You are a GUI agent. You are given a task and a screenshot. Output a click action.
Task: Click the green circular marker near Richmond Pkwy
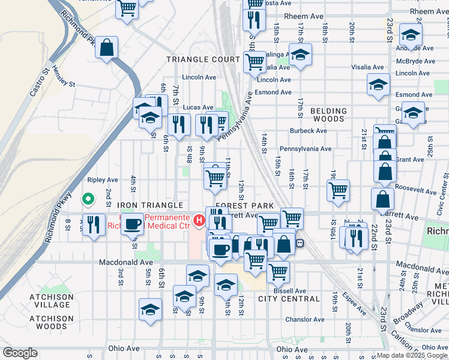click(x=88, y=198)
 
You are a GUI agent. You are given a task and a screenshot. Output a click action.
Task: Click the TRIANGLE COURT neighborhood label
click(x=203, y=59)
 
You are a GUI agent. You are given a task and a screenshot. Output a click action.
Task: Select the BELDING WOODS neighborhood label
click(x=328, y=115)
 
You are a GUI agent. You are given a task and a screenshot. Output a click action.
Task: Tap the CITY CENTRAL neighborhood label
click(x=289, y=299)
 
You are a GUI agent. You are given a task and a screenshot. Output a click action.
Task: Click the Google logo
click(x=19, y=353)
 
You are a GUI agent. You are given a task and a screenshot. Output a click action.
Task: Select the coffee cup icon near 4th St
click(x=133, y=224)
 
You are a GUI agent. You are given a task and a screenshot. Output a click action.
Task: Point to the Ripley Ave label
click(x=103, y=179)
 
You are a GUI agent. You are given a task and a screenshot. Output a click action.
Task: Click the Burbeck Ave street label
click(x=308, y=130)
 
